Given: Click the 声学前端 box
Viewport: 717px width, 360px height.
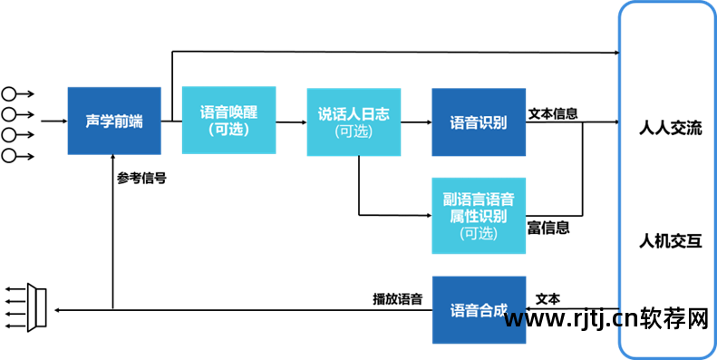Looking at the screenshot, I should click(114, 121).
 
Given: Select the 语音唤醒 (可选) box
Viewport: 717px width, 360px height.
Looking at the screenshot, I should click(228, 121).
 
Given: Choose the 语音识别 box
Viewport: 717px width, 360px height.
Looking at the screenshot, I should click(478, 121).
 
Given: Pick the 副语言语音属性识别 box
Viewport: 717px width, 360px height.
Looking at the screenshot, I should click(478, 215).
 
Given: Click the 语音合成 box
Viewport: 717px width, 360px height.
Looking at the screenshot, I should click(478, 309).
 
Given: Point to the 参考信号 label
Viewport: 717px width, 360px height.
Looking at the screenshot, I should click(141, 179).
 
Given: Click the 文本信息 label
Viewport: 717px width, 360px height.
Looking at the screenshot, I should click(554, 114).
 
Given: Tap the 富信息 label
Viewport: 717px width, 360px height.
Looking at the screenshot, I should click(548, 229).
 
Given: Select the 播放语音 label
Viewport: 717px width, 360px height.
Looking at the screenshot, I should click(397, 298).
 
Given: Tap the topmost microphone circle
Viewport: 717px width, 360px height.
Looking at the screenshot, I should click(10, 93).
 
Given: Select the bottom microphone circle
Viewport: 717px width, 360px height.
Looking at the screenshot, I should click(10, 156).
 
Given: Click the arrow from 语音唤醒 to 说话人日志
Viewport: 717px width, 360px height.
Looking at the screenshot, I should click(290, 122).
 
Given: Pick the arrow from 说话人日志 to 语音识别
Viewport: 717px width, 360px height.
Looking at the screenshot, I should click(415, 122).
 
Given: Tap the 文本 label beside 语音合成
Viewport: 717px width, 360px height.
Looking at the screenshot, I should click(547, 298).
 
